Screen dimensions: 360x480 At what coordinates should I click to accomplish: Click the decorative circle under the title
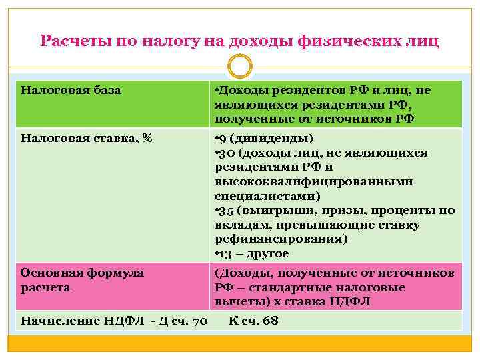tap(240, 67)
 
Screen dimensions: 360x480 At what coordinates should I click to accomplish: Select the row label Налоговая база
tap(71, 90)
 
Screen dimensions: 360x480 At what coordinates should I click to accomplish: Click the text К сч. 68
tap(253, 321)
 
